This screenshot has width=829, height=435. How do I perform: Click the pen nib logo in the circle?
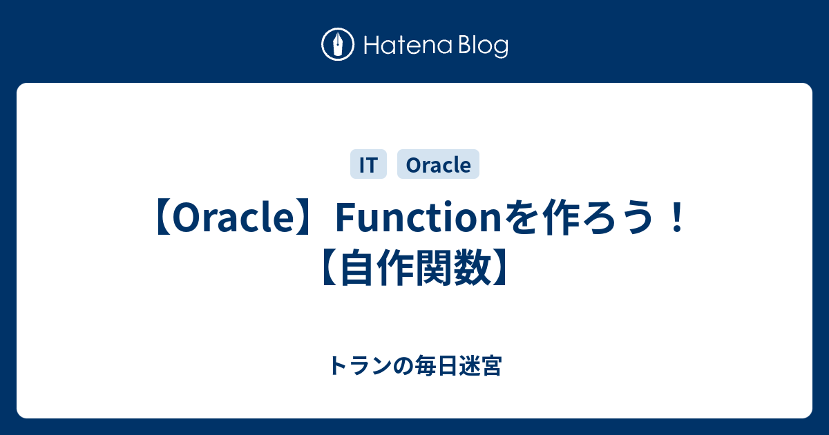(x=338, y=46)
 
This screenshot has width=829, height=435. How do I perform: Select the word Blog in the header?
(x=482, y=46)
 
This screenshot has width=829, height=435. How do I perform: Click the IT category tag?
(x=368, y=165)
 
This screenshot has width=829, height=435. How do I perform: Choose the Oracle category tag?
(x=438, y=165)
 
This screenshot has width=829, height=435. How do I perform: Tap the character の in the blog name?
(x=401, y=366)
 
